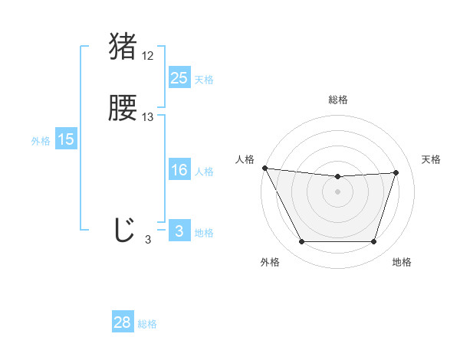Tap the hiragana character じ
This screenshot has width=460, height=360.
coord(123,230)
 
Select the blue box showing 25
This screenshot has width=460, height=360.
coord(179,78)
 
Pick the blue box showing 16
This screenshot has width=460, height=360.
coord(179,171)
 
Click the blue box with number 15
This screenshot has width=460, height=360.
coord(65,139)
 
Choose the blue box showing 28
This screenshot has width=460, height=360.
coord(123,322)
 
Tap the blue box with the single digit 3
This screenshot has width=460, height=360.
coord(179,232)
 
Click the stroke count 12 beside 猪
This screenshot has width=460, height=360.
coord(148,56)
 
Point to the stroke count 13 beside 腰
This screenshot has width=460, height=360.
coord(148,117)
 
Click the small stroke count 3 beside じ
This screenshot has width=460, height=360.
coord(148,240)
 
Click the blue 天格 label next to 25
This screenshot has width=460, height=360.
coord(204,80)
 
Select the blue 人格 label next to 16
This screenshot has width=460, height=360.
coord(204,172)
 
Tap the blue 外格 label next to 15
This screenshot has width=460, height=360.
coord(40,141)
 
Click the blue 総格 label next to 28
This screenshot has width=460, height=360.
coord(147,324)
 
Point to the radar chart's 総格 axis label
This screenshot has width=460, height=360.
coord(338,100)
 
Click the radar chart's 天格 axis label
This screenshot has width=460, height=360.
coord(431,159)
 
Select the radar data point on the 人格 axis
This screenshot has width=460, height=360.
coord(264,168)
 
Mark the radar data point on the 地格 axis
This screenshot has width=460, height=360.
coord(373,242)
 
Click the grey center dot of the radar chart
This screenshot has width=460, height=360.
coord(337,191)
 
